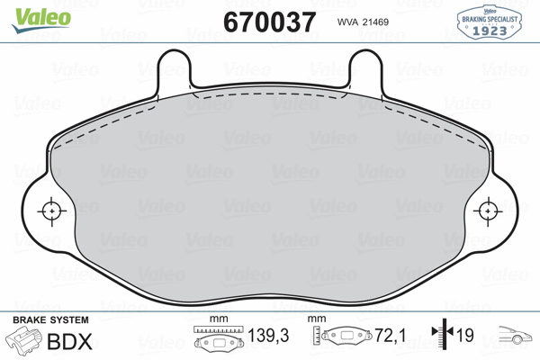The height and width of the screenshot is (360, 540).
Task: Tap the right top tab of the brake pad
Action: [365, 67]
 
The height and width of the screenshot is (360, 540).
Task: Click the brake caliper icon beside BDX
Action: [23, 341]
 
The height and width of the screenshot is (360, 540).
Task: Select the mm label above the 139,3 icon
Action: [215, 320]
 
